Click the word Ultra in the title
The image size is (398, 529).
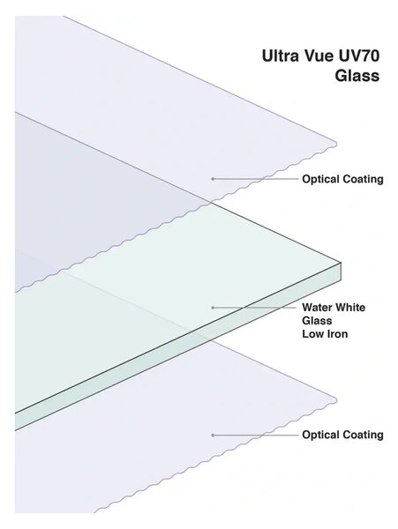click(280, 56)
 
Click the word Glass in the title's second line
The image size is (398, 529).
click(357, 75)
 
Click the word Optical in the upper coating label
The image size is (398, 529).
click(321, 179)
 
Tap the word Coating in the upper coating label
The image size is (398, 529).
click(363, 179)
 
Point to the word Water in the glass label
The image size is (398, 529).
click(317, 308)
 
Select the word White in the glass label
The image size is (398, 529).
click(349, 308)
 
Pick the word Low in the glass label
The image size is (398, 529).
click(312, 334)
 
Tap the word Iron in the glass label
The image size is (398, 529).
click(336, 334)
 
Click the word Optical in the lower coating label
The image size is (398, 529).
click(321, 435)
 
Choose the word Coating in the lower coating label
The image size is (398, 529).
click(363, 435)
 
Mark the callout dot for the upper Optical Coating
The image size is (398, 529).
click(213, 179)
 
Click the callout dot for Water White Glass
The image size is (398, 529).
click(213, 308)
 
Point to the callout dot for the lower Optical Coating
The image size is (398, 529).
click(213, 436)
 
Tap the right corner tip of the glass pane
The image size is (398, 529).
click(341, 263)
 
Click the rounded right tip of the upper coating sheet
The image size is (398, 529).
click(336, 144)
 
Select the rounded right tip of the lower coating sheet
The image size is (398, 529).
click(336, 400)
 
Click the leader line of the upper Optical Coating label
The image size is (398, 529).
click(256, 179)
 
